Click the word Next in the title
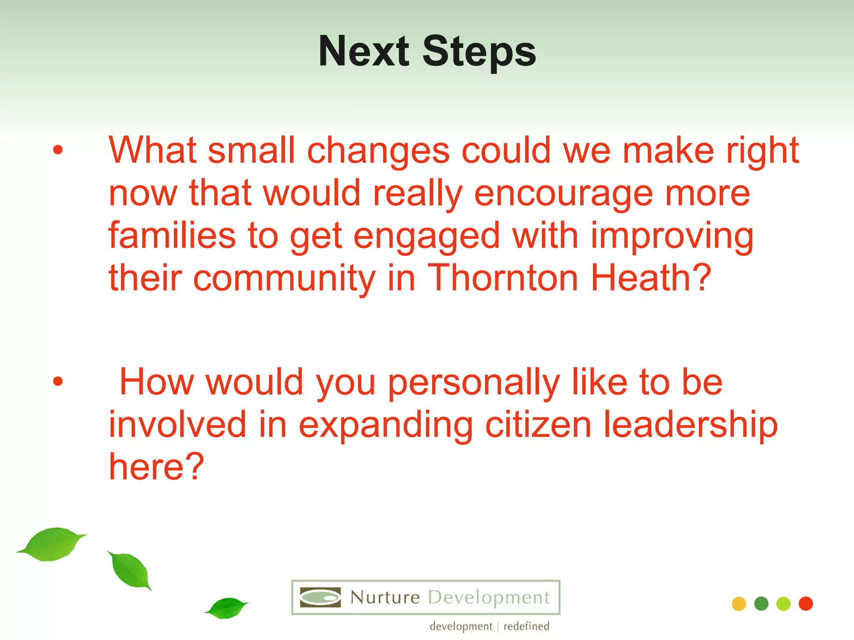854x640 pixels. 364,52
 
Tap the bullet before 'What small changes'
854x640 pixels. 58,150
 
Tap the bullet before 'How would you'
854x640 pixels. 58,381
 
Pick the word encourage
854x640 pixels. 563,194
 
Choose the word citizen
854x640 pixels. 538,425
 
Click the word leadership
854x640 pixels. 691,425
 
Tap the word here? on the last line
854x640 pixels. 156,467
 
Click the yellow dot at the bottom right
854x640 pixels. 739,604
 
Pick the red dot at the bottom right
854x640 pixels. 806,604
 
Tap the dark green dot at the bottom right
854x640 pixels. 761,604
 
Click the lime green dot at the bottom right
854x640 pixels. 784,604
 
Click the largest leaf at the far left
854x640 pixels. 52,544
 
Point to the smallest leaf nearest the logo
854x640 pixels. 227,608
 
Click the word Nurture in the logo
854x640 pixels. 384,597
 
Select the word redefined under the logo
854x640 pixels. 526,626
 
